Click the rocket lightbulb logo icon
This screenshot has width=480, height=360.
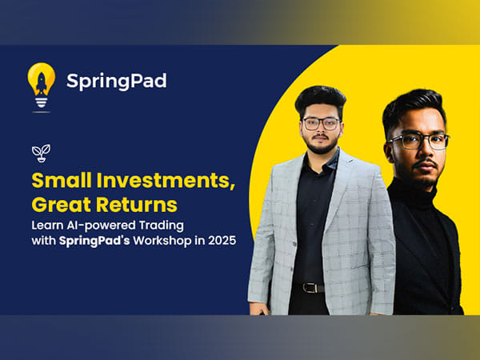click(41, 83)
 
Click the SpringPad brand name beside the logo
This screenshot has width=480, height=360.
click(117, 82)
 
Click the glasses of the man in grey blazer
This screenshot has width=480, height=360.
click(321, 123)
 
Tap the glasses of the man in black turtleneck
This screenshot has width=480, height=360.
click(419, 141)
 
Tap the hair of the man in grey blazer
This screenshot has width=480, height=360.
click(320, 97)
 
